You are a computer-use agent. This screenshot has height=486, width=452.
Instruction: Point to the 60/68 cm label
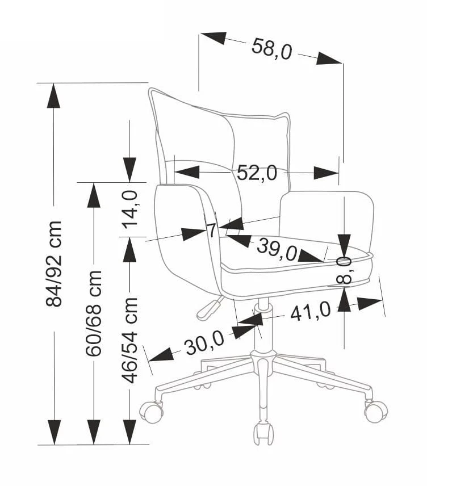(x=94, y=313)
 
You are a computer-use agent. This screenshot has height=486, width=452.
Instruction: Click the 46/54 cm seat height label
(x=131, y=340)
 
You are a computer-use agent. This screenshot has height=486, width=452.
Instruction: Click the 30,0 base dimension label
(x=204, y=343)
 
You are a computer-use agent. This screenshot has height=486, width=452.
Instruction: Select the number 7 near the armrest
(x=211, y=231)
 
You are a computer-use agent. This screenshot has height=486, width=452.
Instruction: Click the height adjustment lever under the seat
(x=208, y=307)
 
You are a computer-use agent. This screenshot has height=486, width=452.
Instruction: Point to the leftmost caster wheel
(x=152, y=410)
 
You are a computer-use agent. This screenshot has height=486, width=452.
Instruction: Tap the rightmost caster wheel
(x=375, y=410)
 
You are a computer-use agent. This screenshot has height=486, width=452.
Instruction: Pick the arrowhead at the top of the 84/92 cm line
(x=54, y=95)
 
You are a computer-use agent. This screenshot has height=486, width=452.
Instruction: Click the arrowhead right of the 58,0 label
(x=329, y=58)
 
